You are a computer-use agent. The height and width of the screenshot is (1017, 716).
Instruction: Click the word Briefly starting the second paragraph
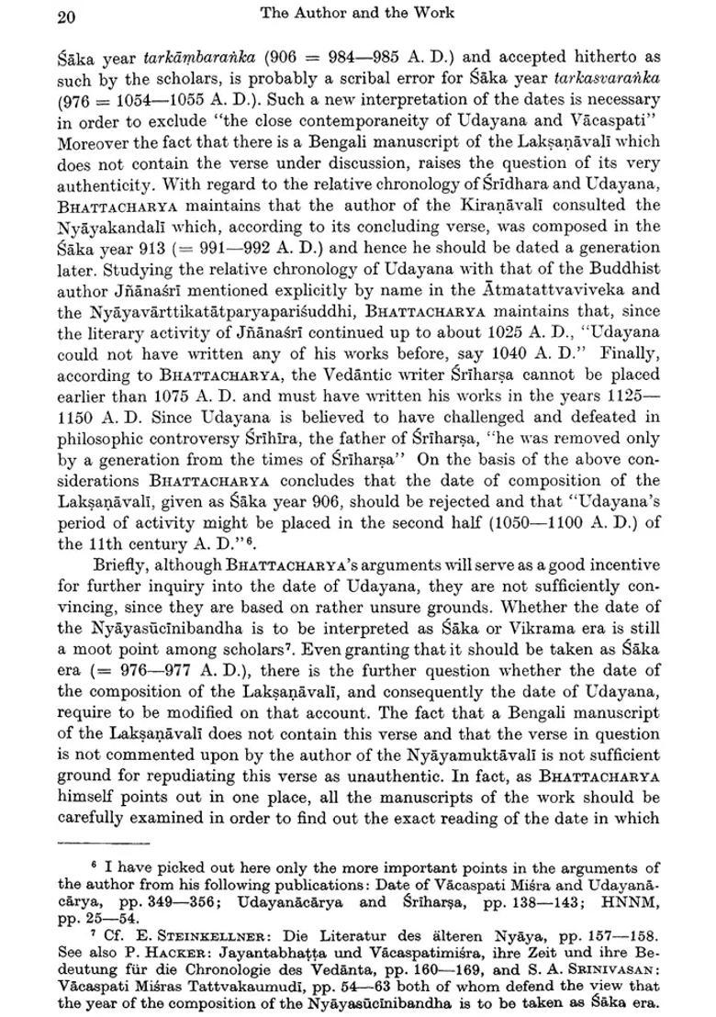click(x=125, y=565)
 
